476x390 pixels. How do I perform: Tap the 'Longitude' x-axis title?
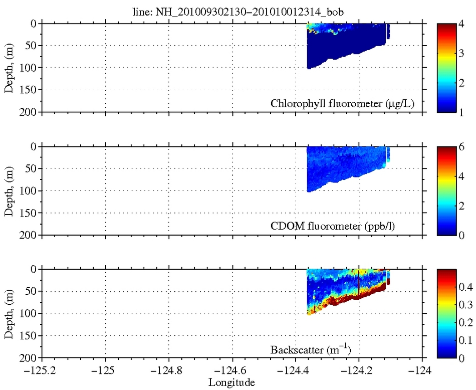tap(231, 383)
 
